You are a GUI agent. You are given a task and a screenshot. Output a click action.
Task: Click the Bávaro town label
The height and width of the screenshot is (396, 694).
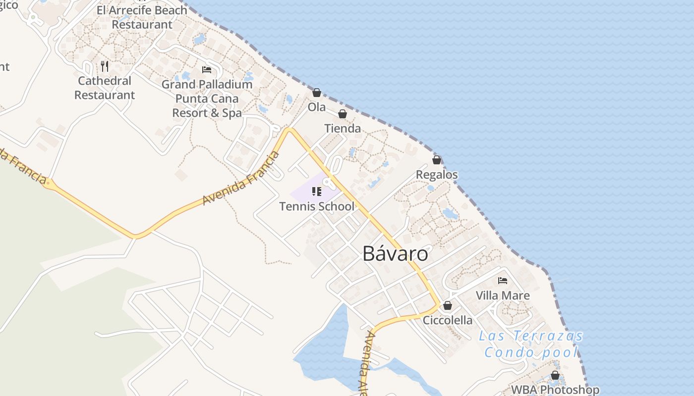click(x=395, y=254)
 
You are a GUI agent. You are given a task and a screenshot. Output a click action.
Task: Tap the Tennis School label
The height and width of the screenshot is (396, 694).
click(x=317, y=206)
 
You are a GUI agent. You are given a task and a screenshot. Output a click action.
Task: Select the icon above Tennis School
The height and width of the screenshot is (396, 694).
click(x=317, y=192)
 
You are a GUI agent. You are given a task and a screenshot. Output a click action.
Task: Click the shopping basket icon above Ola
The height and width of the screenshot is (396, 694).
click(x=317, y=93)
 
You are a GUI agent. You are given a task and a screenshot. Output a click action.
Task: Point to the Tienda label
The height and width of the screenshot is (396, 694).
click(x=343, y=129)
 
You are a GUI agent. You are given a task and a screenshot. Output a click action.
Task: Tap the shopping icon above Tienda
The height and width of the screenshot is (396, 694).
click(x=343, y=114)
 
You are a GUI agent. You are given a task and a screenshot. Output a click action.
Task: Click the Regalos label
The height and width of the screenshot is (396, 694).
click(x=437, y=175)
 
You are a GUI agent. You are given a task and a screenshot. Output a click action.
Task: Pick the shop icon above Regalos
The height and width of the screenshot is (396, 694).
click(x=437, y=160)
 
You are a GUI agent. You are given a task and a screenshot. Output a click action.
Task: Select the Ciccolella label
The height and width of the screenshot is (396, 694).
click(x=448, y=320)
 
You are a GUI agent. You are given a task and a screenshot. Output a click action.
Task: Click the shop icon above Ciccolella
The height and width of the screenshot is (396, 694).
click(x=448, y=305)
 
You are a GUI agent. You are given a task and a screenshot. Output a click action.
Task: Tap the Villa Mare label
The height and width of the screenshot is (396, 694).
click(x=503, y=296)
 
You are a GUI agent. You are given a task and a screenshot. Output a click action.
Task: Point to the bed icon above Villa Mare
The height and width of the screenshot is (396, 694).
click(x=503, y=281)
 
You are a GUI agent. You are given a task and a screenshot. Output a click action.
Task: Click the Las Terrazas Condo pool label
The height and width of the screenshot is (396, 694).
click(x=531, y=344)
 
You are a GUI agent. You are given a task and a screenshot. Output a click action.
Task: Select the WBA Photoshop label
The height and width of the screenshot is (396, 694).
click(x=555, y=390)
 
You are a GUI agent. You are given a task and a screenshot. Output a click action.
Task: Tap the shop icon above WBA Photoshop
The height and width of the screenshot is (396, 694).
click(x=555, y=375)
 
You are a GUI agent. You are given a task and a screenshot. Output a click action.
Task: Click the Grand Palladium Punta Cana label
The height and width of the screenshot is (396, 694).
click(x=207, y=99)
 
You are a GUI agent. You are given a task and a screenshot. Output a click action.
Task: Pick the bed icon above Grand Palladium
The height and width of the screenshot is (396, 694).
click(x=207, y=70)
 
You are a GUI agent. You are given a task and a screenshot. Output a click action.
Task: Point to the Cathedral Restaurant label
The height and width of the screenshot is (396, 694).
click(x=105, y=88)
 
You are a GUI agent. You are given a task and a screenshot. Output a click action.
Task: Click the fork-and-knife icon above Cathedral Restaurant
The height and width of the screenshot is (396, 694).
click(x=105, y=66)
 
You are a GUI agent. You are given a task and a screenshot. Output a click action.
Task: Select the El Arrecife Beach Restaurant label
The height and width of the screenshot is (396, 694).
click(x=142, y=17)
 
